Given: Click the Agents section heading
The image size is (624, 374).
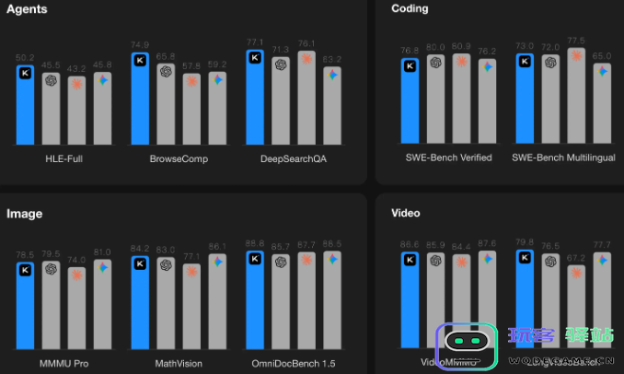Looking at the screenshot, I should (x=27, y=9).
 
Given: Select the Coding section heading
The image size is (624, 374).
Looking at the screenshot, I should (x=410, y=9).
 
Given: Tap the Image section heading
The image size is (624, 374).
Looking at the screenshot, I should (x=25, y=214).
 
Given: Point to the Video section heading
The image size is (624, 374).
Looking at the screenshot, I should (x=406, y=214).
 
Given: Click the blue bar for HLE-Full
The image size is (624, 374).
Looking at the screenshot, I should (x=26, y=106).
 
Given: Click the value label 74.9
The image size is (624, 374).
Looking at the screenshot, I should (x=140, y=44).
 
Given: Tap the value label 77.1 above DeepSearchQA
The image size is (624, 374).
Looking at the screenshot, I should (x=255, y=42).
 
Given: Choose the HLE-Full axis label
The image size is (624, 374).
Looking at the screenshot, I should (x=64, y=158).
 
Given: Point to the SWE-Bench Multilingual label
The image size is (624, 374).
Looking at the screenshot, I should (x=563, y=158).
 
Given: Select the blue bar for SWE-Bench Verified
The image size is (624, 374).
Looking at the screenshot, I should (x=410, y=100).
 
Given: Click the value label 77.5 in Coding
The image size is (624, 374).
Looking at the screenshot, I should (x=576, y=41).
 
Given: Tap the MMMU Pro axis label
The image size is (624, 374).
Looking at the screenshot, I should (x=64, y=363).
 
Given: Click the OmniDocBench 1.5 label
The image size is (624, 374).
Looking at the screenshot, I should (x=294, y=363).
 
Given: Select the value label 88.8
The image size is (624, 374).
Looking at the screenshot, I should (x=255, y=243).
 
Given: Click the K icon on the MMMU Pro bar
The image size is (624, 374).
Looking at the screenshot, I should (x=26, y=270).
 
